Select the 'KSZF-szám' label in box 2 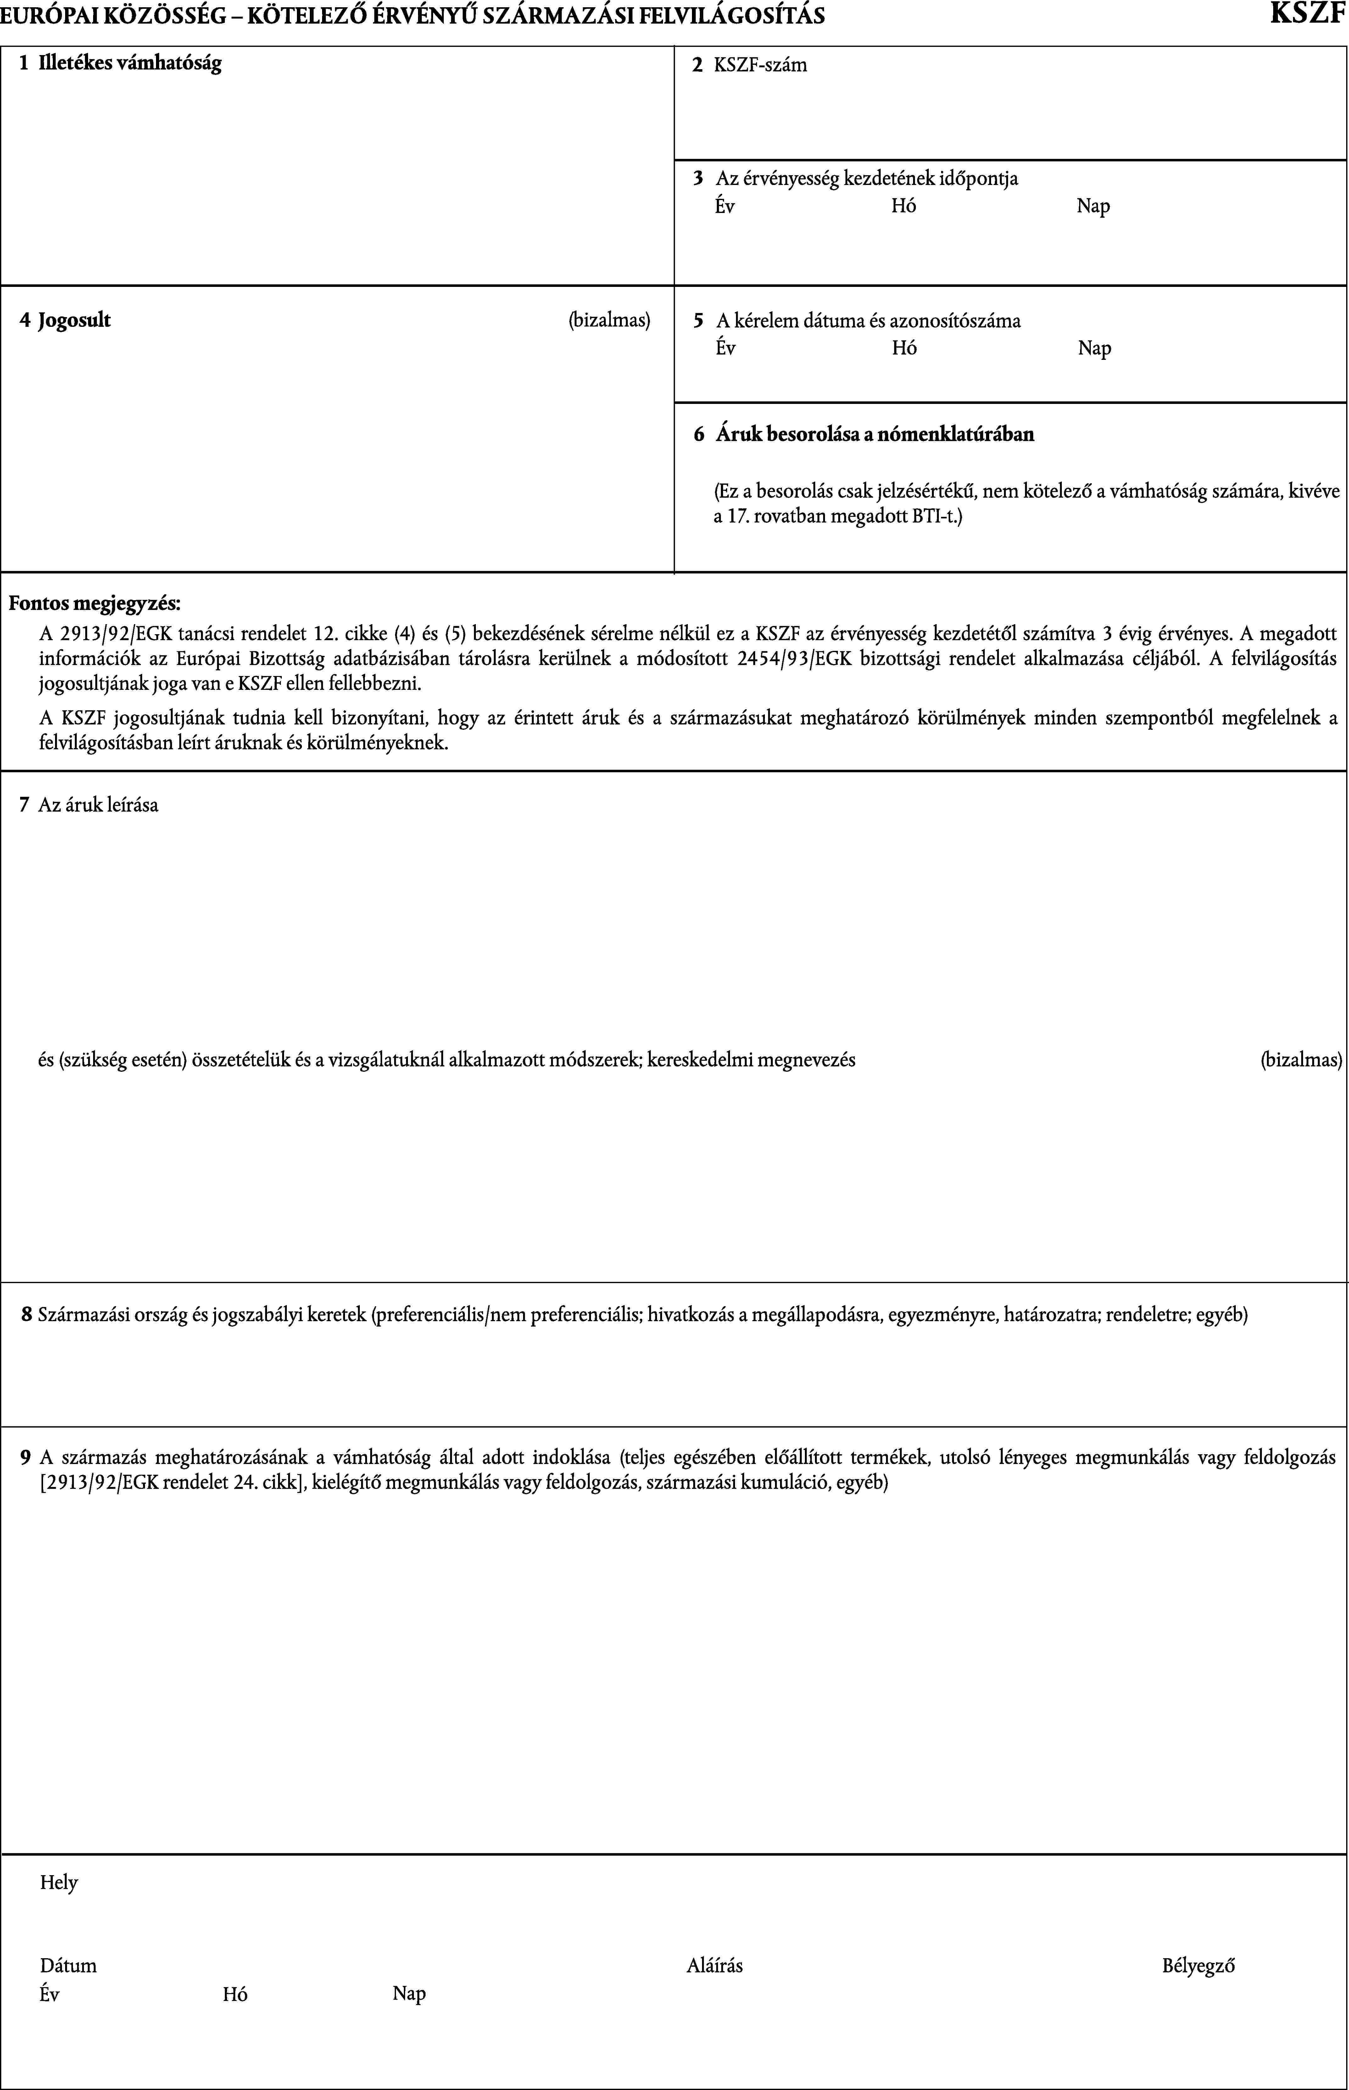pos(760,65)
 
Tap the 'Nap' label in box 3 pos(1093,207)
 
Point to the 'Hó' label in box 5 pos(904,349)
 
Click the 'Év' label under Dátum pos(50,1994)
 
